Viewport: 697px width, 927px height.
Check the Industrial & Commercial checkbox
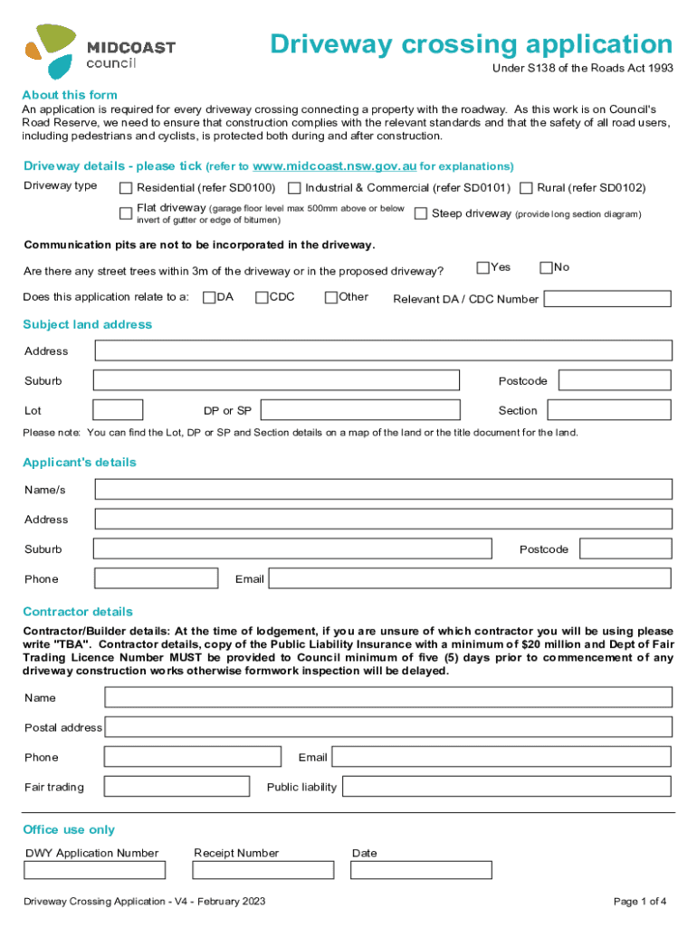tap(294, 188)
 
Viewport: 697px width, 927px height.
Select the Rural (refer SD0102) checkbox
tap(526, 188)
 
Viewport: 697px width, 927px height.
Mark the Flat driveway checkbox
tap(126, 214)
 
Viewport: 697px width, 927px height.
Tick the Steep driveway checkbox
tap(421, 215)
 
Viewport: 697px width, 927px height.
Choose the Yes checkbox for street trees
tap(482, 267)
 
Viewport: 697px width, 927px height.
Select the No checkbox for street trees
tap(546, 267)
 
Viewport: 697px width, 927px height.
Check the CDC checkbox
tap(262, 297)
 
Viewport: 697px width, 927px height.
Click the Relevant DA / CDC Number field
tap(607, 299)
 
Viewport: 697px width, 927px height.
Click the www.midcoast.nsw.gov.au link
tap(335, 167)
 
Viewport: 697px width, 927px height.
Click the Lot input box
tap(118, 410)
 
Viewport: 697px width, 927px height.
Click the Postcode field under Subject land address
tap(615, 380)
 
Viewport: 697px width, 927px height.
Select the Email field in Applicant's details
tap(470, 578)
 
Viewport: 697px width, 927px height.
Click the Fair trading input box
tap(177, 787)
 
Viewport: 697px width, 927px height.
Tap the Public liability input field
tap(506, 787)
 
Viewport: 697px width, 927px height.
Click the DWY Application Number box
tap(95, 870)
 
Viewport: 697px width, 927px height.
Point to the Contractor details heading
tap(78, 612)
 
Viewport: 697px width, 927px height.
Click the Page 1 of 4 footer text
tap(640, 902)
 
